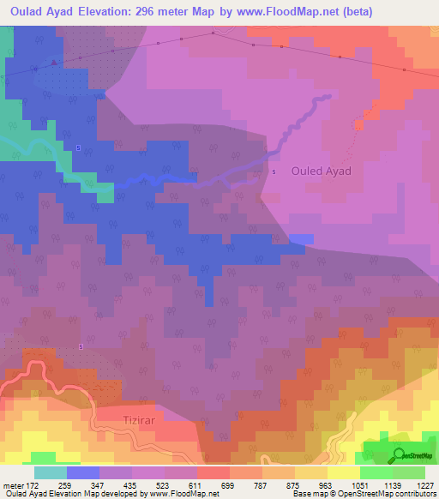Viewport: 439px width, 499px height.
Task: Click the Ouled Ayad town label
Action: (322, 171)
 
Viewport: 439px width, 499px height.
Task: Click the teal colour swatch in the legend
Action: (51, 472)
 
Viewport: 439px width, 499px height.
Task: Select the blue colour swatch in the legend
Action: (83, 472)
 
